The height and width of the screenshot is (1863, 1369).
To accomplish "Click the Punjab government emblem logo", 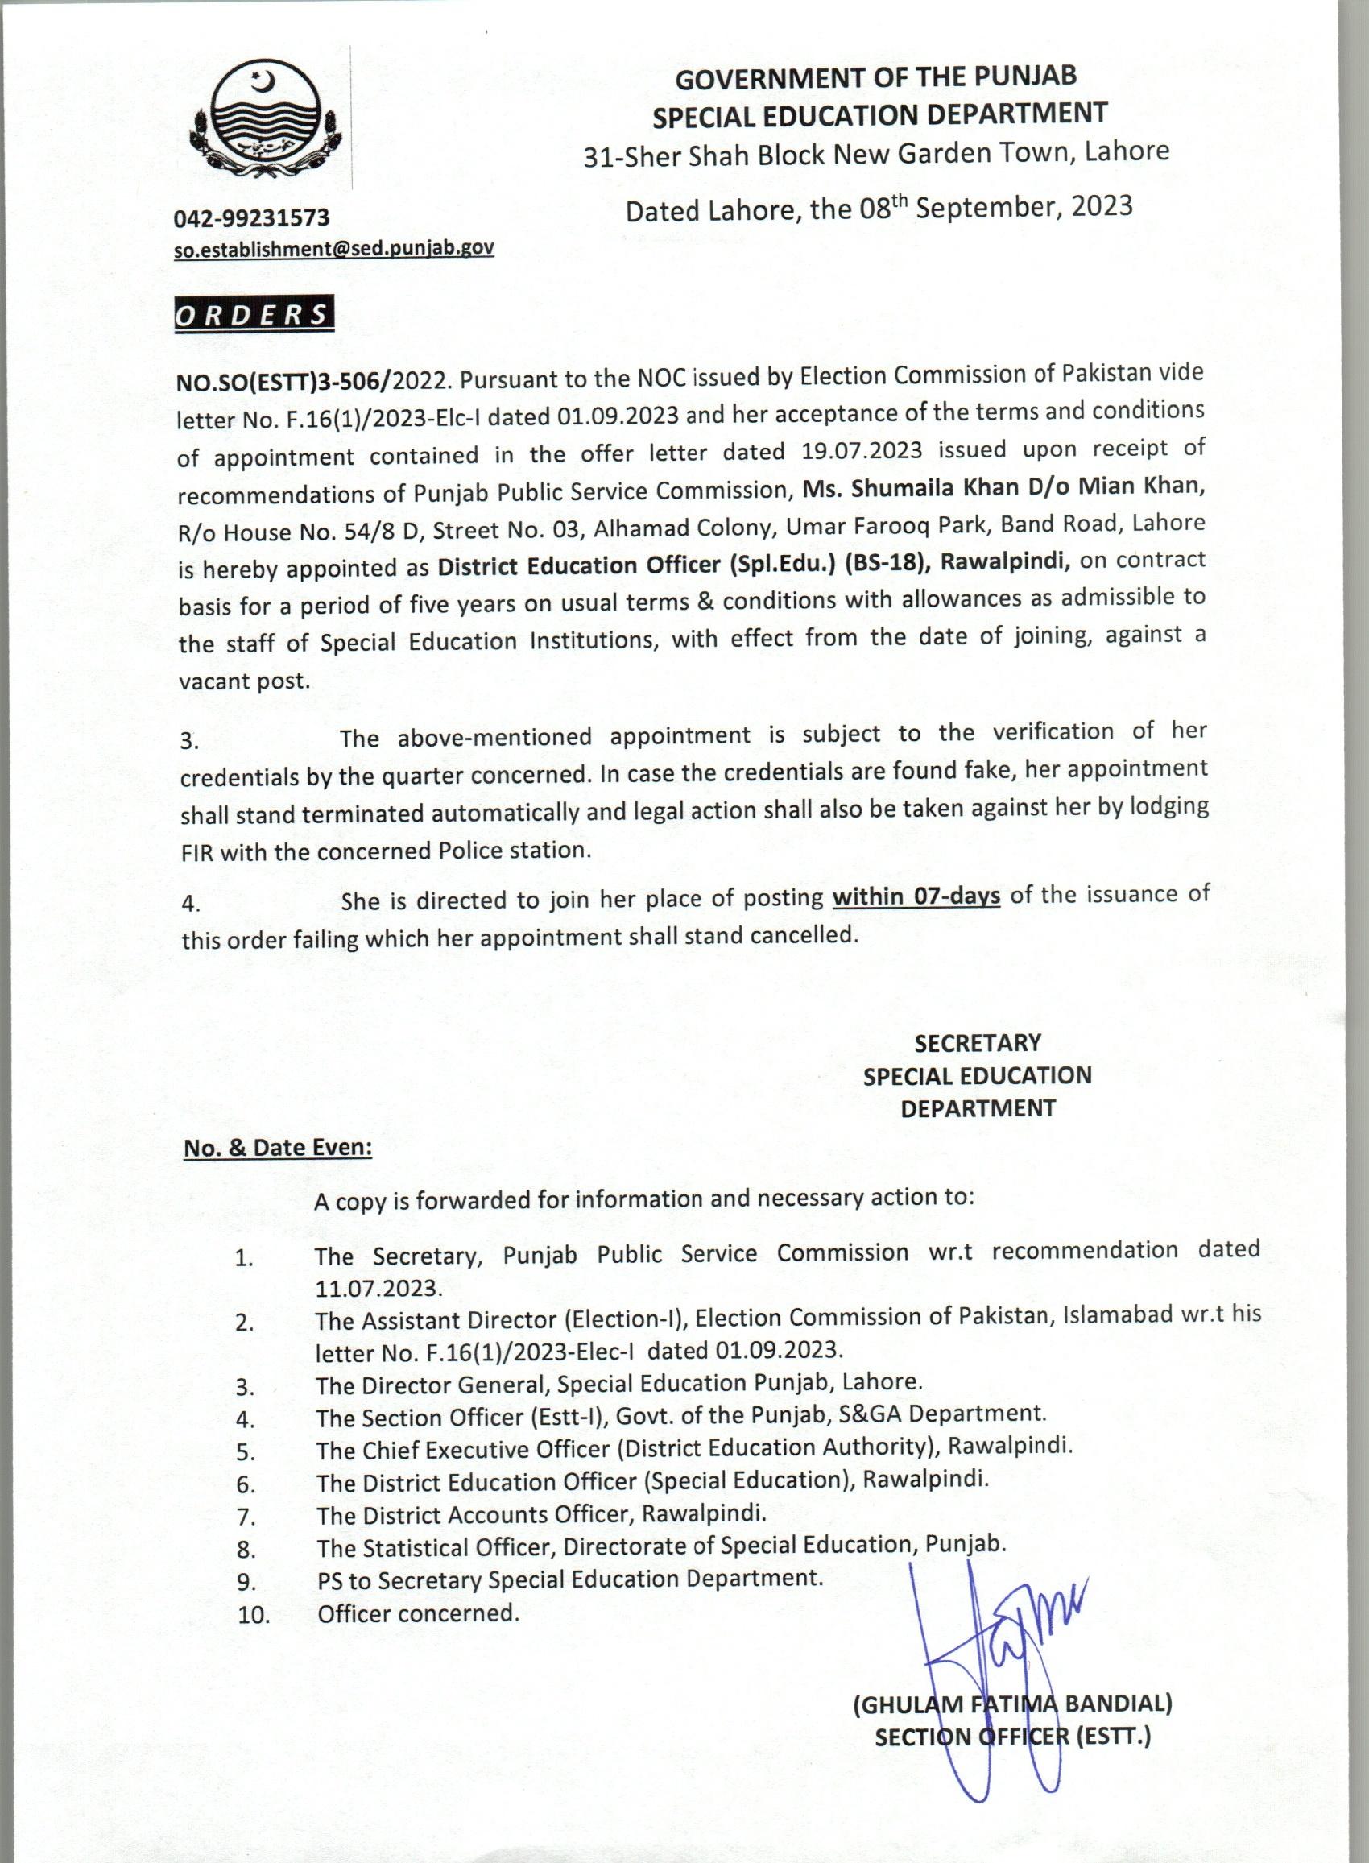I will (x=261, y=118).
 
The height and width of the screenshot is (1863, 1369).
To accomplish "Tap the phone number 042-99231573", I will (x=251, y=218).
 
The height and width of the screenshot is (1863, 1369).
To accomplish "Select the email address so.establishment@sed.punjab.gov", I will (x=334, y=249).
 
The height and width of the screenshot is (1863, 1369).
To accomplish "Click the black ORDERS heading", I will (x=254, y=315).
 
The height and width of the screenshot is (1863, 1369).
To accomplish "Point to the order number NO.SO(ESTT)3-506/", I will (x=283, y=381).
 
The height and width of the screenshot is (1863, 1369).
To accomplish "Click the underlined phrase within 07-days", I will (x=916, y=897).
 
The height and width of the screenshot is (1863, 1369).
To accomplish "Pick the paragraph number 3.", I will (x=190, y=741).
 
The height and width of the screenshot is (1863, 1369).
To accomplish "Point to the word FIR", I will (x=196, y=853).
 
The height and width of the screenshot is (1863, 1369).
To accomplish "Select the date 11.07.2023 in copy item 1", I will (x=378, y=1288).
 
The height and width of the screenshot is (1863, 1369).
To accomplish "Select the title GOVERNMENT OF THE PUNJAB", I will (x=876, y=77).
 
